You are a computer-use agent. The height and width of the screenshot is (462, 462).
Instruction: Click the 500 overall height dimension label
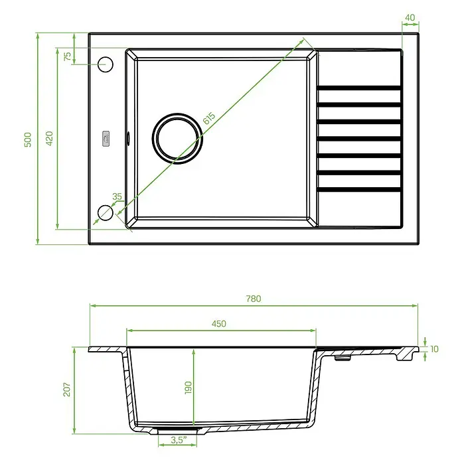pyautogui.click(x=27, y=140)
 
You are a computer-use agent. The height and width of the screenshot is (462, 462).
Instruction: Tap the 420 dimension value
pyautogui.click(x=49, y=138)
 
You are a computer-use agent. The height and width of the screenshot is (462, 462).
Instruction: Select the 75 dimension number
pyautogui.click(x=68, y=56)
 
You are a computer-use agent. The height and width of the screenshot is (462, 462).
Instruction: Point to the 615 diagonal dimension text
pyautogui.click(x=210, y=118)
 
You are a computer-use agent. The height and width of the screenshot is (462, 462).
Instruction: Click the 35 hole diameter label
pyautogui.click(x=117, y=196)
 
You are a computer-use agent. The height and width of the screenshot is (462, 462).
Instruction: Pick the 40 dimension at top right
pyautogui.click(x=410, y=18)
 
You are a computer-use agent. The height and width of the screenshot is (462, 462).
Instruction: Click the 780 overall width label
pyautogui.click(x=254, y=299)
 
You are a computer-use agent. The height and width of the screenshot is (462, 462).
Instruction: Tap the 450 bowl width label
pyautogui.click(x=219, y=324)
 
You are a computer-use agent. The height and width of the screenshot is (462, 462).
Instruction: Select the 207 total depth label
pyautogui.click(x=67, y=389)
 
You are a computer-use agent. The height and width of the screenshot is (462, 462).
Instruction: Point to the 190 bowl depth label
pyautogui.click(x=188, y=388)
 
